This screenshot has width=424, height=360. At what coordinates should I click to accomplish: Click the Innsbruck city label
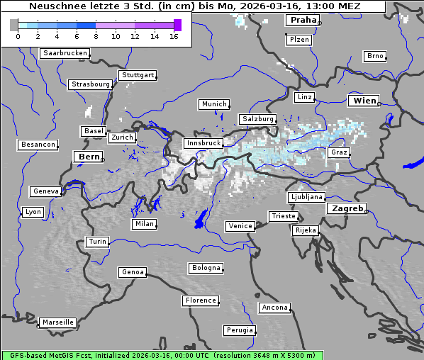point(203,143)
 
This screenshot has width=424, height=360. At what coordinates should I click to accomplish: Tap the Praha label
point(303,21)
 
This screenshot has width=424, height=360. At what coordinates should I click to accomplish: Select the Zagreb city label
point(346,209)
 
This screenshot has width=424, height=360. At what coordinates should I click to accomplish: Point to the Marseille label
point(58,322)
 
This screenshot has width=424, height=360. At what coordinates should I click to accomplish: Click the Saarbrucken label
point(65,53)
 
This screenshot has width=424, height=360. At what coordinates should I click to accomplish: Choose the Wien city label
point(364,101)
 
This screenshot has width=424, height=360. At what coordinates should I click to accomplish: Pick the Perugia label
point(240,330)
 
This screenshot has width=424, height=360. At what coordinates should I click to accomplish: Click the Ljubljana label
point(306,197)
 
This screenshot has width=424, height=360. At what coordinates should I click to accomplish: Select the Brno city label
point(375,56)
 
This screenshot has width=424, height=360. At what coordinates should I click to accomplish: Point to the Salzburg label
point(257,119)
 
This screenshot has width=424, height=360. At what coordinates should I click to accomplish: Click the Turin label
point(97,242)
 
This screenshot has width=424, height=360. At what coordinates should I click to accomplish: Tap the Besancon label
point(38,145)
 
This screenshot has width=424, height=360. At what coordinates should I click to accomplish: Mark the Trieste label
point(283,216)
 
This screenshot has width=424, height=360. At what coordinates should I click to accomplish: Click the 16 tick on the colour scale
point(174,36)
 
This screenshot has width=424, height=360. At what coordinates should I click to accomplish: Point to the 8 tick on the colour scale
point(96,36)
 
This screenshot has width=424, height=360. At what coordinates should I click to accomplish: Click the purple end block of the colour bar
point(177,26)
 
